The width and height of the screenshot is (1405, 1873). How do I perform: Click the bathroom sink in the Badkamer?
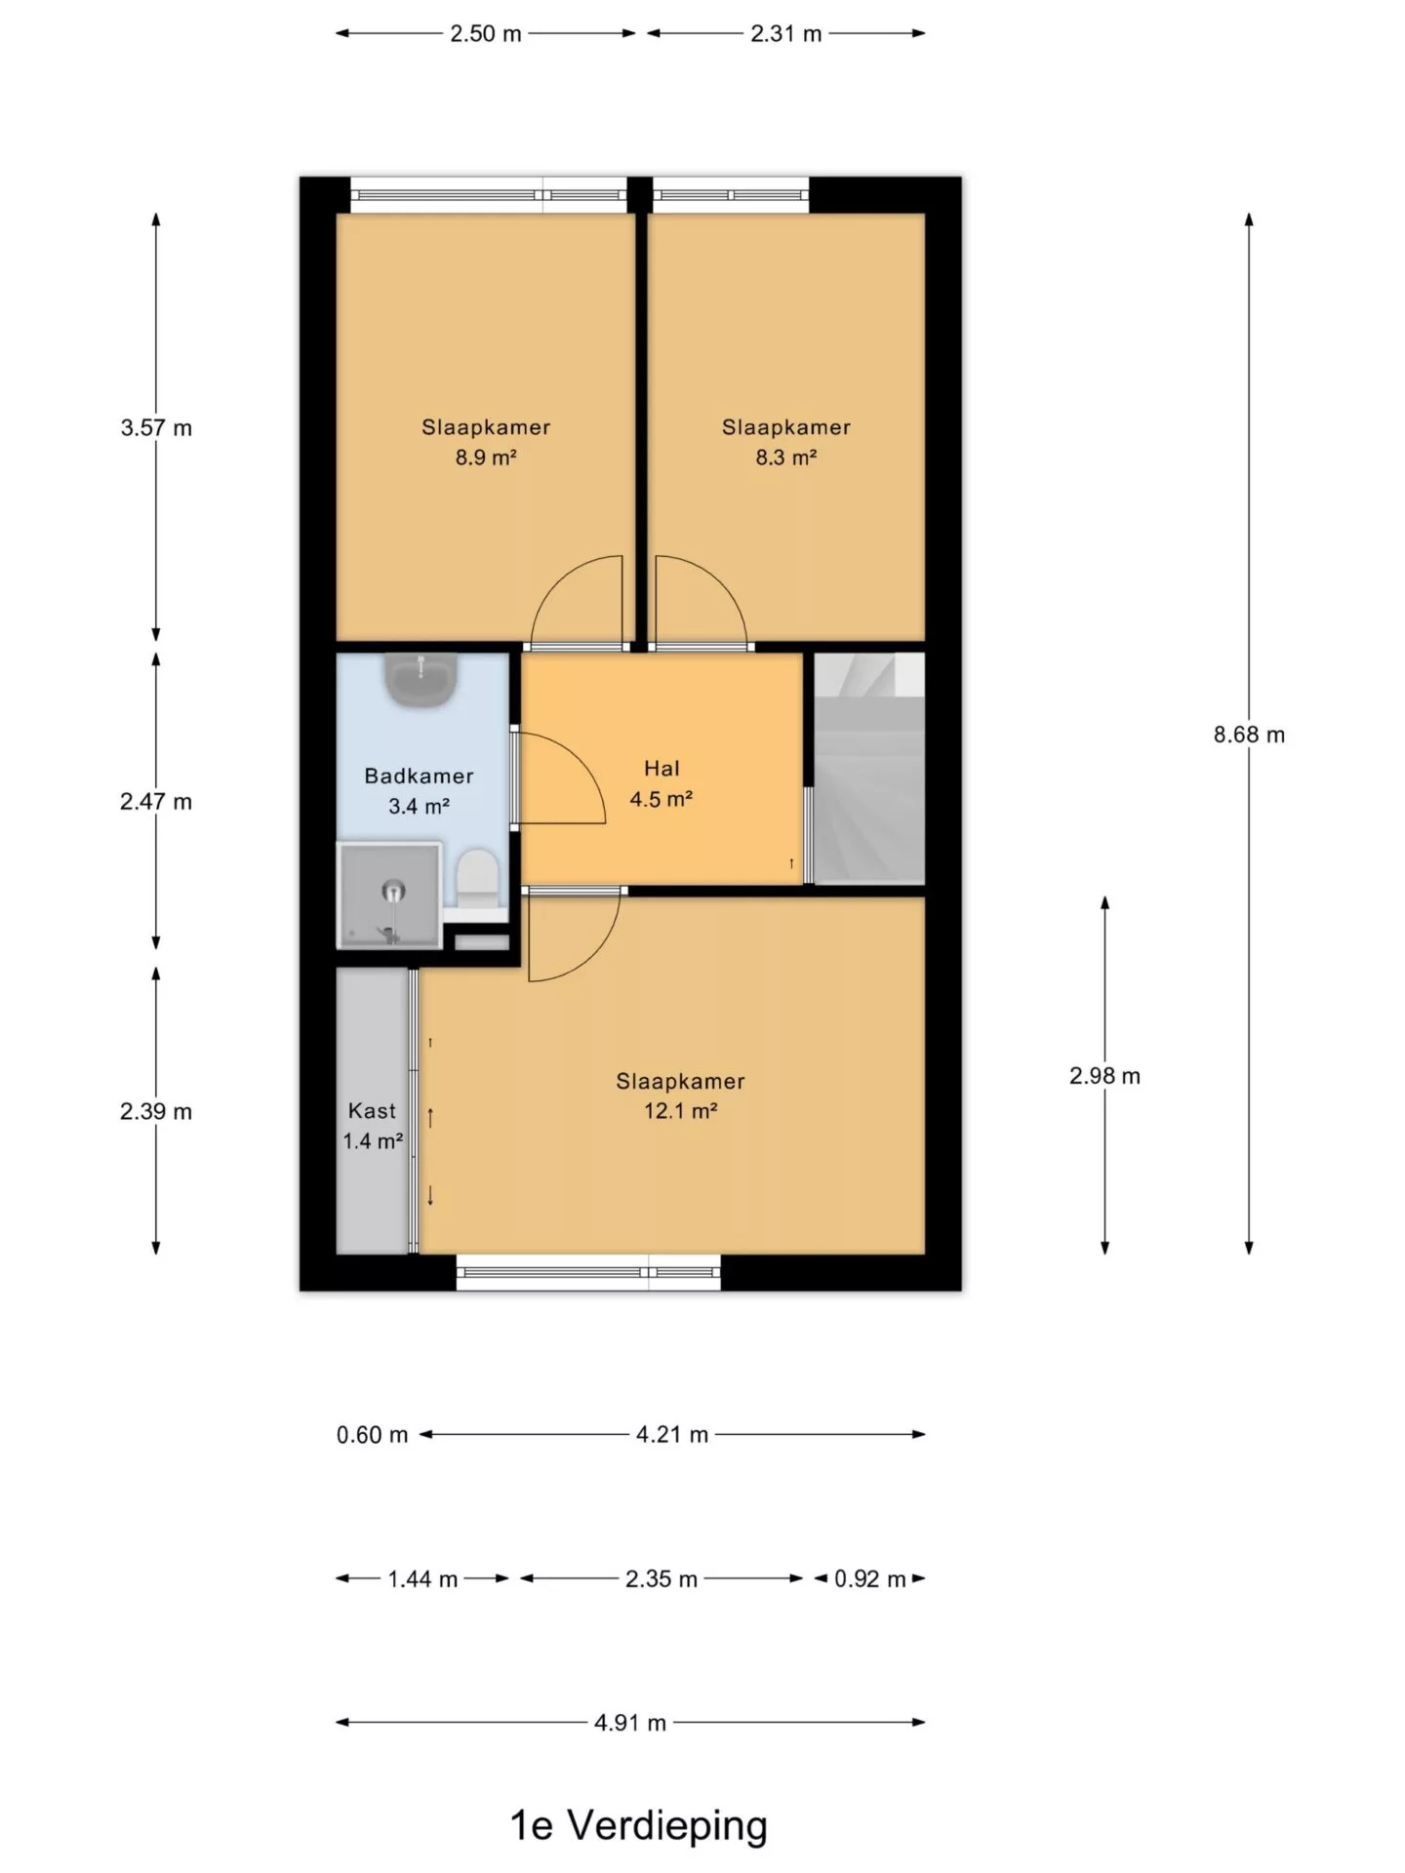pyautogui.click(x=421, y=678)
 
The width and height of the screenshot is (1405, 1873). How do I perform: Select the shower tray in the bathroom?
pyautogui.click(x=389, y=896)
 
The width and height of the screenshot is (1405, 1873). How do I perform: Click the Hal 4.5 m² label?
pyautogui.click(x=662, y=784)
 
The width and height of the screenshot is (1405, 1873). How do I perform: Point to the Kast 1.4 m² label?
pyautogui.click(x=373, y=1126)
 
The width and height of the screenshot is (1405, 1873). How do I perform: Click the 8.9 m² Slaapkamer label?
pyautogui.click(x=486, y=442)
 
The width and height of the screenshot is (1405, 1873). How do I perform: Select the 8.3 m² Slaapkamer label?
pyautogui.click(x=786, y=442)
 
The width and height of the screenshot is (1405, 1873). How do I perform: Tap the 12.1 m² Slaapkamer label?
pyautogui.click(x=681, y=1096)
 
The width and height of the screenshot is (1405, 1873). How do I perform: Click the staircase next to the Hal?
pyautogui.click(x=869, y=769)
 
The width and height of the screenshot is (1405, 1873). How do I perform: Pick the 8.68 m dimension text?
pyautogui.click(x=1249, y=735)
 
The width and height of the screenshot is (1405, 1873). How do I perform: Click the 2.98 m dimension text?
pyautogui.click(x=1104, y=1076)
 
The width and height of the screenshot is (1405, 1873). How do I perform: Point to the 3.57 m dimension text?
pyautogui.click(x=156, y=427)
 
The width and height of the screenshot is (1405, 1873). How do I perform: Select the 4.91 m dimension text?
pyautogui.click(x=630, y=1723)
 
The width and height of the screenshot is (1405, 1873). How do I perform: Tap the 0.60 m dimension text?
pyautogui.click(x=372, y=1435)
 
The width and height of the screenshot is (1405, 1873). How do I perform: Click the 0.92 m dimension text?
pyautogui.click(x=869, y=1579)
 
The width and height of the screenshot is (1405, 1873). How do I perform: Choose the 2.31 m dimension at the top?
pyautogui.click(x=786, y=34)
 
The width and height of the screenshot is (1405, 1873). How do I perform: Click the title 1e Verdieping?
pyautogui.click(x=639, y=1825)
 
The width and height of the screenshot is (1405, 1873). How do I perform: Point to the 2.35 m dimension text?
pyautogui.click(x=662, y=1579)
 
